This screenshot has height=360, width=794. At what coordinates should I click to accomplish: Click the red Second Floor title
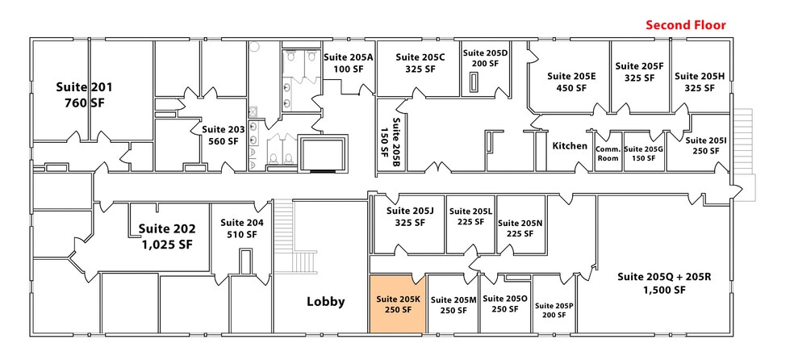click(685, 25)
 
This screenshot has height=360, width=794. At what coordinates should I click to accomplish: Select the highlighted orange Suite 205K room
click(397, 303)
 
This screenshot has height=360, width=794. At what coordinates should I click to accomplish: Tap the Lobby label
click(325, 302)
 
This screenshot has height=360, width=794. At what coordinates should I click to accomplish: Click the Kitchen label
click(570, 146)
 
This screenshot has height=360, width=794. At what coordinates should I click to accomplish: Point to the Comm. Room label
click(608, 153)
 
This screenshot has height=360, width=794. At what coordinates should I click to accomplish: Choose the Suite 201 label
click(84, 87)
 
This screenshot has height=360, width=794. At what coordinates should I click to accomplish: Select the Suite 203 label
click(222, 129)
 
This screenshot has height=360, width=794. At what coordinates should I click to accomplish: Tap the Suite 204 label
click(243, 223)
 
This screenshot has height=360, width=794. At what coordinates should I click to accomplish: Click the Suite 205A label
click(348, 57)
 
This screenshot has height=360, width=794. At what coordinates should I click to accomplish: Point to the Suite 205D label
click(485, 52)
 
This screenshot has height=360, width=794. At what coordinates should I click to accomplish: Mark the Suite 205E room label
click(571, 76)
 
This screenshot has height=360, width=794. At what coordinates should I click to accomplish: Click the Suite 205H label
click(700, 76)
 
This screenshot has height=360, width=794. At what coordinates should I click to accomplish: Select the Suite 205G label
click(643, 149)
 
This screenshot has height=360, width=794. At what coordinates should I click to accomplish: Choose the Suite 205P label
click(553, 306)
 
